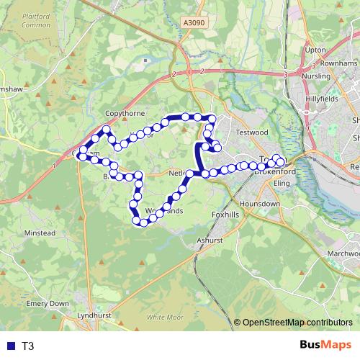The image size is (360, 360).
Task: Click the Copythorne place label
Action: pyautogui.click(x=125, y=114)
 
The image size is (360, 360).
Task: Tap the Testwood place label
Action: pyautogui.click(x=251, y=132)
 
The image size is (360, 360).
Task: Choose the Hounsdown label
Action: pyautogui.click(x=259, y=204)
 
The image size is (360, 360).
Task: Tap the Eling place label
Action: pyautogui.click(x=282, y=184)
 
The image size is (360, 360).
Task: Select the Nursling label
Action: pyautogui.click(x=317, y=73)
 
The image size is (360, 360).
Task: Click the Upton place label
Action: pyautogui.click(x=316, y=50)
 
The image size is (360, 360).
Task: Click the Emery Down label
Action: pyautogui.click(x=48, y=304)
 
